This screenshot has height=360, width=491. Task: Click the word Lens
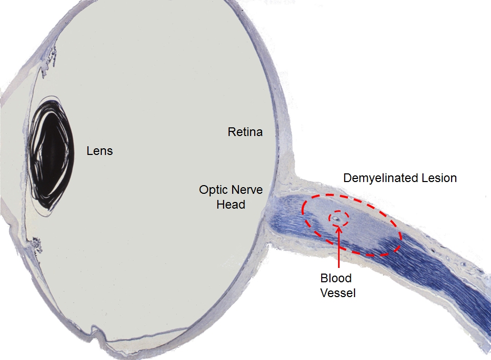point(100,151)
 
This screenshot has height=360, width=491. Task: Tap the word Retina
point(245,132)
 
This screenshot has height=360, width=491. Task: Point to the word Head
point(231,205)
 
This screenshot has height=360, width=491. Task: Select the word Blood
point(336,278)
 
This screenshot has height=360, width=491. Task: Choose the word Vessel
point(338,293)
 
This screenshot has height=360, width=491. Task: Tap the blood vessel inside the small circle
point(337,219)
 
